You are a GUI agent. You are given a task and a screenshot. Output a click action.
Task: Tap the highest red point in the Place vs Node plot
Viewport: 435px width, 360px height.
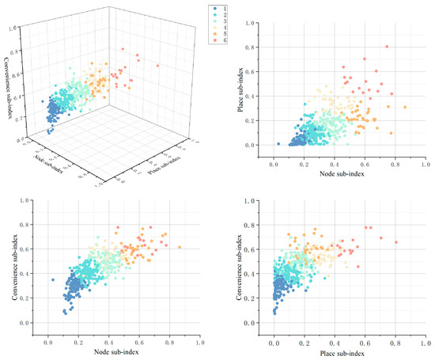click(x=387, y=47)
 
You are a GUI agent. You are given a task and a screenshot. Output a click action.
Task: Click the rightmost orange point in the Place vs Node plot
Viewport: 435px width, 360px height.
click(x=405, y=107)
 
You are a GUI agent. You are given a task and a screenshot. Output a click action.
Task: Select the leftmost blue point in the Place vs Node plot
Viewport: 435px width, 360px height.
click(x=278, y=144)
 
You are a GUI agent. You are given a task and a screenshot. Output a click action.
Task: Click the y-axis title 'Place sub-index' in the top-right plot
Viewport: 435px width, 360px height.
click(x=240, y=85)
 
